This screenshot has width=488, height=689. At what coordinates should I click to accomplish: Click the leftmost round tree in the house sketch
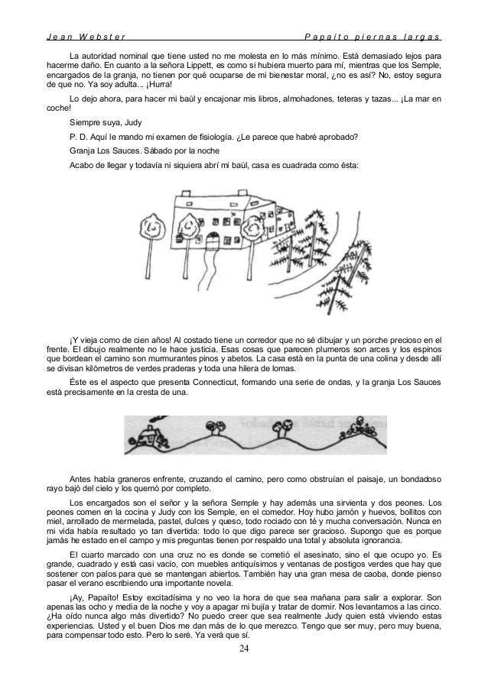156,224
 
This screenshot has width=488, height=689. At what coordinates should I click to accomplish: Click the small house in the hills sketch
142,436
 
